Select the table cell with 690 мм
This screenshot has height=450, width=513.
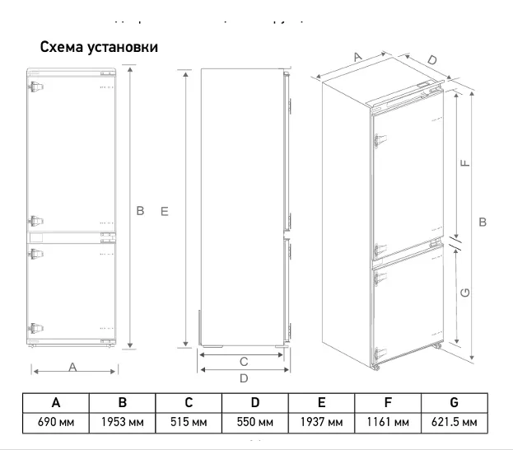pyautogui.click(x=55, y=423)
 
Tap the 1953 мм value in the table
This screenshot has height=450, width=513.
pyautogui.click(x=122, y=423)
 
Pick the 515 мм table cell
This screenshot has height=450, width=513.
pyautogui.click(x=189, y=423)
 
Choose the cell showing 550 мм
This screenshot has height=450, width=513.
pyautogui.click(x=255, y=423)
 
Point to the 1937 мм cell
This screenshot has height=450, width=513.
pyautogui.click(x=321, y=423)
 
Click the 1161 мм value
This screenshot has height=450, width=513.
pyautogui.click(x=388, y=423)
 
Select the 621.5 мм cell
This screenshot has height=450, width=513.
pyautogui.click(x=454, y=423)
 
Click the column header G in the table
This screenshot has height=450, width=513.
pyautogui.click(x=454, y=403)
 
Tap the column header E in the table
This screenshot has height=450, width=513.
pyautogui.click(x=321, y=403)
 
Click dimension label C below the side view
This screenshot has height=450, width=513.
pyautogui.click(x=244, y=361)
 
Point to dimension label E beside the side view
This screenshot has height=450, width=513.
pyautogui.click(x=165, y=212)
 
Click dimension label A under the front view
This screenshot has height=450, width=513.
pyautogui.click(x=72, y=368)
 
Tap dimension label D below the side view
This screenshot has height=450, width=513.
pyautogui.click(x=244, y=378)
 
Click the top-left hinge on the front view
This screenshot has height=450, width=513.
pyautogui.click(x=35, y=87)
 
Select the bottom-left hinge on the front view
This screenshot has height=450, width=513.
pyautogui.click(x=35, y=327)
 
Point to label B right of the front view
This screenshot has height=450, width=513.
pyautogui.click(x=140, y=212)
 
